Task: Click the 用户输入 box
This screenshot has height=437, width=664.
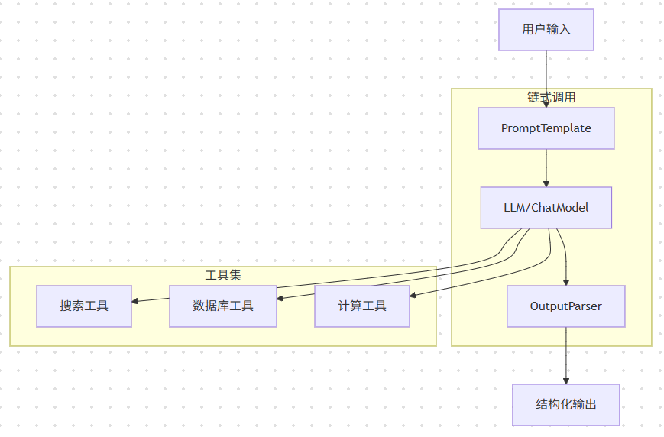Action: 546,30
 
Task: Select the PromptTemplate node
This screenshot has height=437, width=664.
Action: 546,128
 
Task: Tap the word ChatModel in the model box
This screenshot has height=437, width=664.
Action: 562,208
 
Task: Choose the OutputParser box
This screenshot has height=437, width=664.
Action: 565,306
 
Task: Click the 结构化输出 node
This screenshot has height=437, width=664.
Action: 565,404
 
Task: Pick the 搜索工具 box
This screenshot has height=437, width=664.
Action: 84,306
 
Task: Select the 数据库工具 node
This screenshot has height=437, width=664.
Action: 222,306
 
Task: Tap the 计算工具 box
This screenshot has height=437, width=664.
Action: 362,306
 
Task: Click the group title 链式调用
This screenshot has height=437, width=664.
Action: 551,98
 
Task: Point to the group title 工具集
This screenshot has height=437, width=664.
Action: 223,275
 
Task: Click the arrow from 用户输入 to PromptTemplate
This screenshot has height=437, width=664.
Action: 546,76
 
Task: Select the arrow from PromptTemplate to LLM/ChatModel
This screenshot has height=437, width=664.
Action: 546,168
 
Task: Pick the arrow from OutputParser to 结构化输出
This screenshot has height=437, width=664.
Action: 566,355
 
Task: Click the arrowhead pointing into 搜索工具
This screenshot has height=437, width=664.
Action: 135,301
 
